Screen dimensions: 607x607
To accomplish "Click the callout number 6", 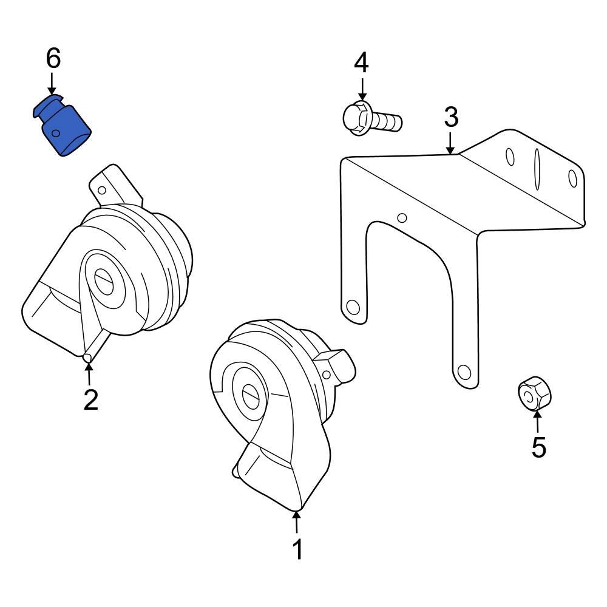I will [53, 58].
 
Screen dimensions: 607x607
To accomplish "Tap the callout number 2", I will [90, 400].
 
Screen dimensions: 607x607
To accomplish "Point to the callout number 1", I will [297, 549].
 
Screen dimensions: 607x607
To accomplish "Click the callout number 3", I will [450, 117].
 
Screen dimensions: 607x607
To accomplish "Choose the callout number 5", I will [538, 447].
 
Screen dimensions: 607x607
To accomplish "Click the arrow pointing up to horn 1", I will [296, 522].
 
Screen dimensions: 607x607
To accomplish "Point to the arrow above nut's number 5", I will [537, 421].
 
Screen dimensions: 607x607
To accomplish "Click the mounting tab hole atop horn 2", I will [102, 190].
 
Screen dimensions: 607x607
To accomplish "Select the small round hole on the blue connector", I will [55, 133].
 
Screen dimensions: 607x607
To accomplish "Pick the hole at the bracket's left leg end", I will [350, 306].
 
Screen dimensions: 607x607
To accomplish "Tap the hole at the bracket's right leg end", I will [464, 370].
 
